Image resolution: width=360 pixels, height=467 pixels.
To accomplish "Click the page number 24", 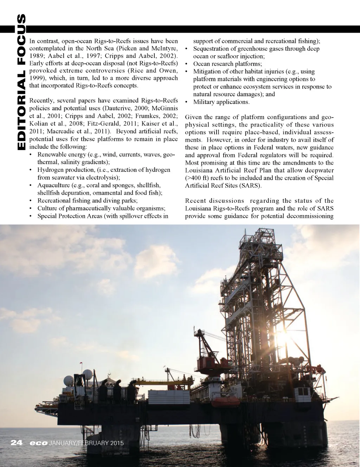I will (17, 443).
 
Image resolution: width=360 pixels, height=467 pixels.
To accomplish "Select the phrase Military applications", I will (221, 102).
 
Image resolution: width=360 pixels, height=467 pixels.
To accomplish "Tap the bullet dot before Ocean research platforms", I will (186, 64).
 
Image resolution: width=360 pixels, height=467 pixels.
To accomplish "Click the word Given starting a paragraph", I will (193, 117).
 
